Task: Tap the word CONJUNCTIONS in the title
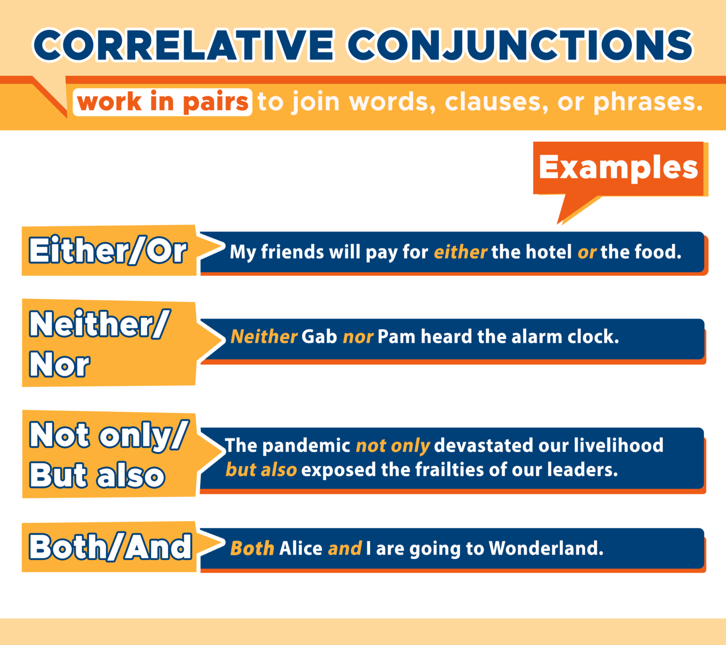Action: click(x=520, y=45)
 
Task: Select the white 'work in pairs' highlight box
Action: click(x=162, y=102)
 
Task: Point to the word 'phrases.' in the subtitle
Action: click(x=648, y=102)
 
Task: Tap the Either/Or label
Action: click(x=108, y=250)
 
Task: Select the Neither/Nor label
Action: click(x=99, y=343)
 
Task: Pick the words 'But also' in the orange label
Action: click(x=97, y=475)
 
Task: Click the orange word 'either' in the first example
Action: click(x=460, y=252)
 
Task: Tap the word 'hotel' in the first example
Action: click(x=549, y=252)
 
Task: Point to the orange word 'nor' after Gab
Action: click(x=358, y=337)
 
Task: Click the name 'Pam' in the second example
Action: click(x=396, y=337)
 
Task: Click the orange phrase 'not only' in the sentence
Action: click(x=392, y=446)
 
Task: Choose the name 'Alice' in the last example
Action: click(x=301, y=549)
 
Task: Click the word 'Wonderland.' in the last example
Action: click(x=546, y=549)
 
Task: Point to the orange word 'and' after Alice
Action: click(x=345, y=549)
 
